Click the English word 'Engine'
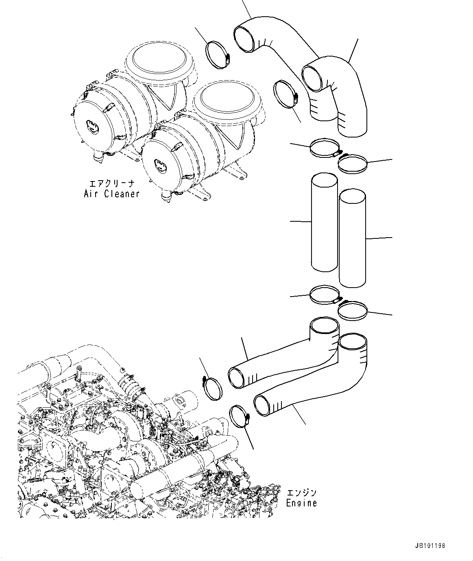(x=301, y=503)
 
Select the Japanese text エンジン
(x=301, y=493)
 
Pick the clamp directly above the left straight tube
(x=324, y=148)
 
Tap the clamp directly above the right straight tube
(x=352, y=164)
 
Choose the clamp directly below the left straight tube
(x=324, y=294)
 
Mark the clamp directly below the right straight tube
(x=352, y=310)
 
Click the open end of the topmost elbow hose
(x=245, y=38)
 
